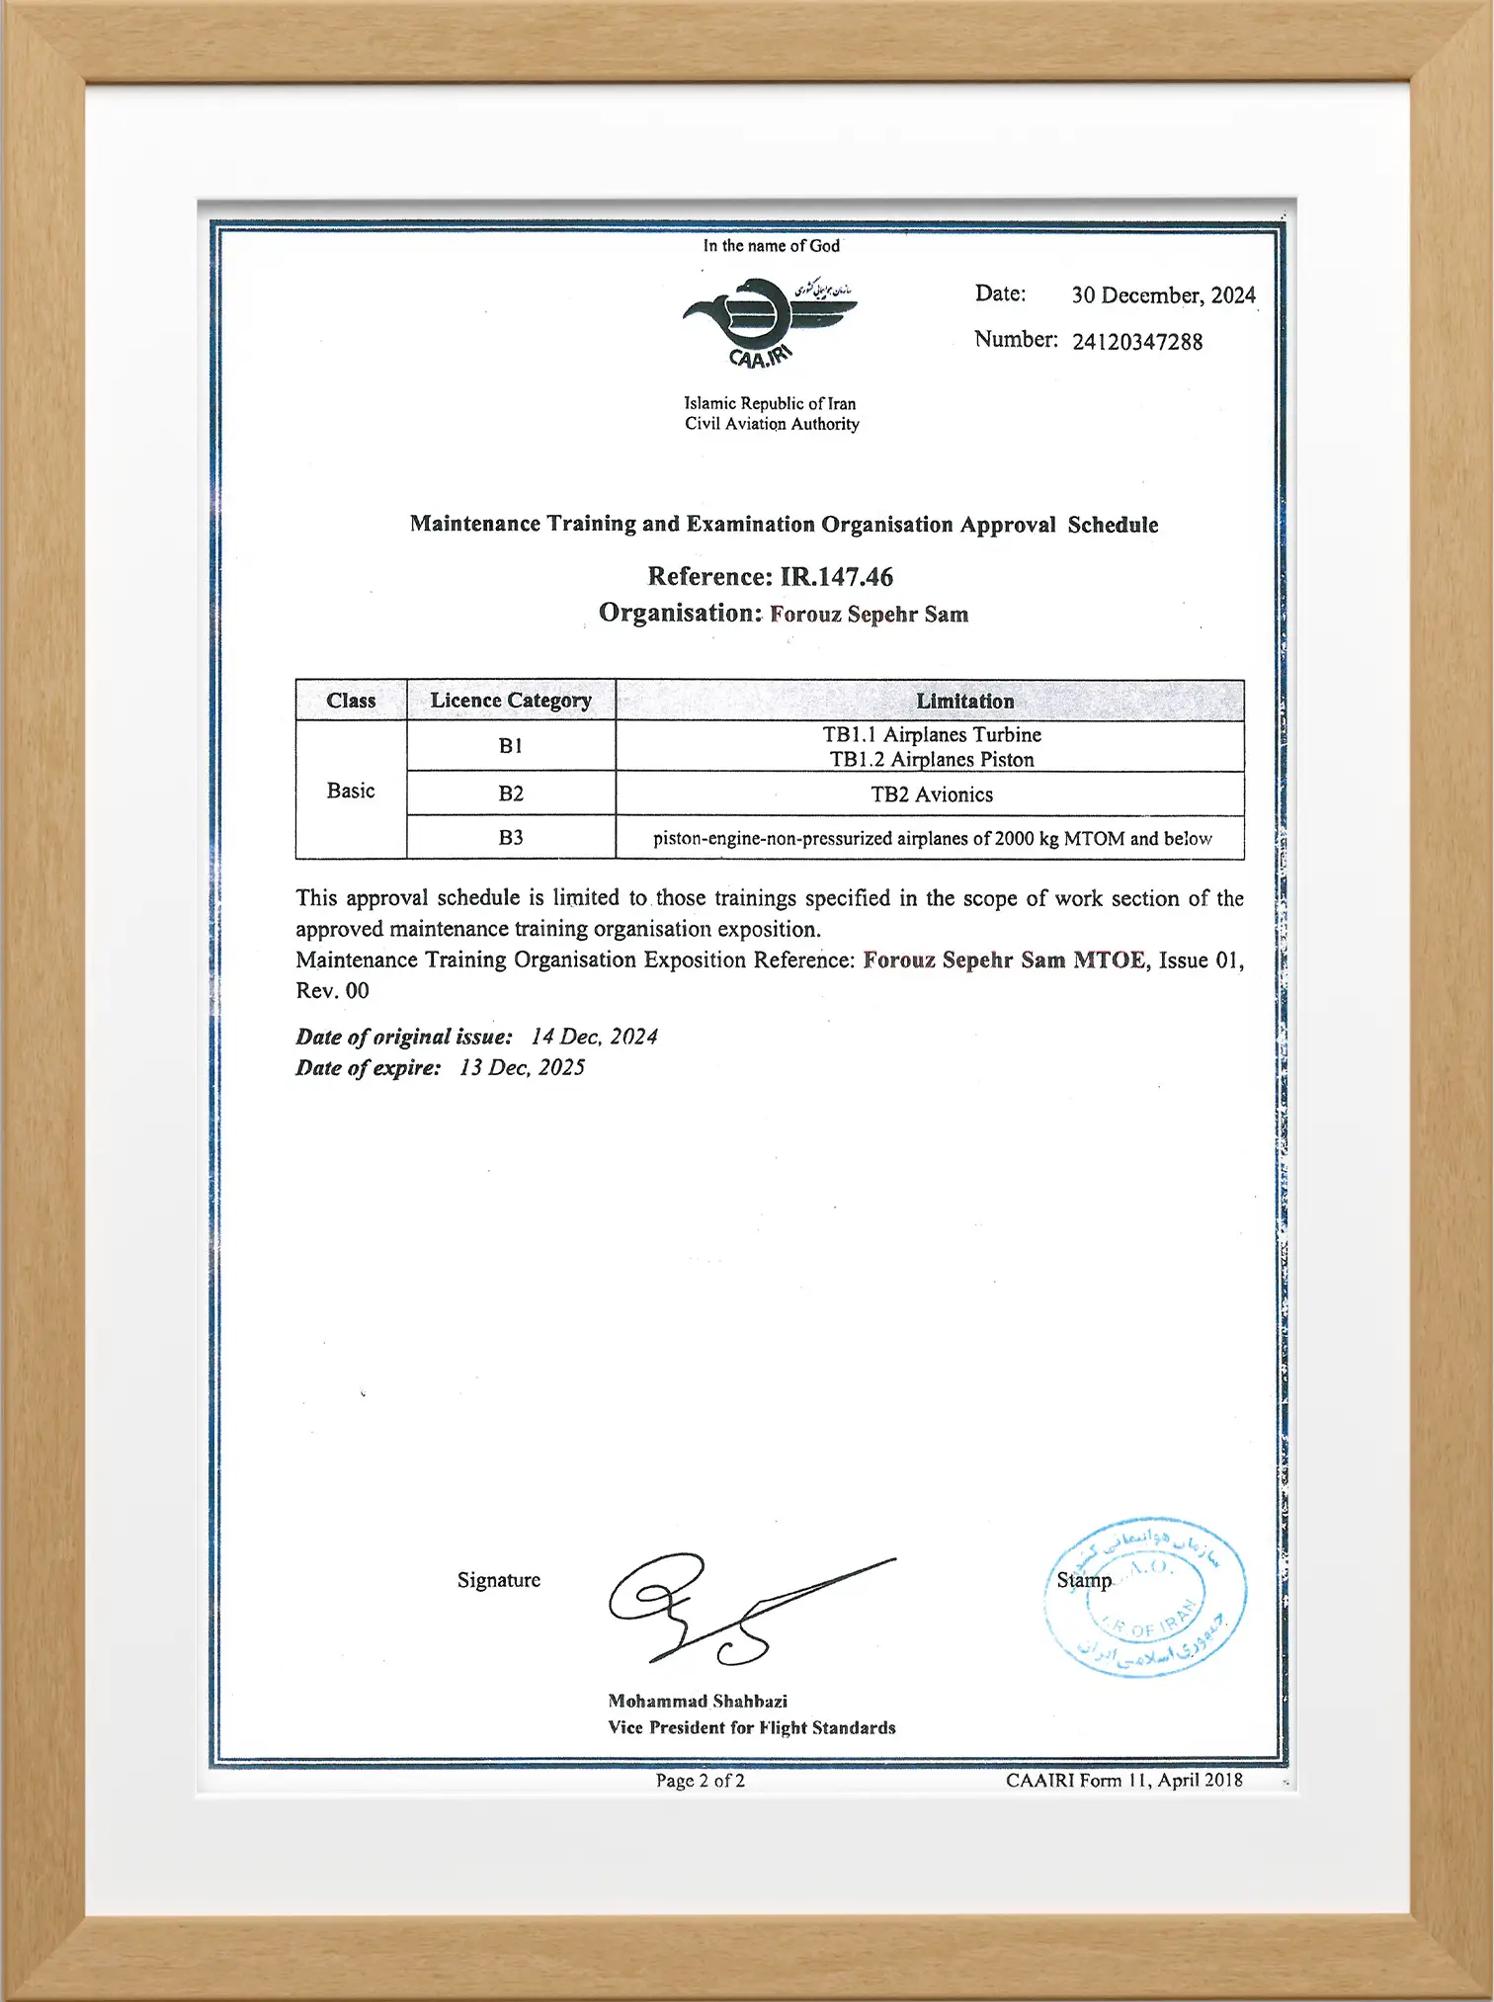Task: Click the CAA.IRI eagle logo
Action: pos(769,322)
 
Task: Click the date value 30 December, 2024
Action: pos(1163,295)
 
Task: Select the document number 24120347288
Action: pos(1137,342)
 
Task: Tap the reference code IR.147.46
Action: pos(836,577)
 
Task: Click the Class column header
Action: pos(351,701)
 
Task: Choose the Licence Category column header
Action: pos(511,701)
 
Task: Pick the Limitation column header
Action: pos(964,701)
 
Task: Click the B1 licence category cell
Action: pos(511,746)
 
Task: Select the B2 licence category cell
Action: pos(511,793)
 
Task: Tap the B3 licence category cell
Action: pos(511,838)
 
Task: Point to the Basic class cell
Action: pos(351,791)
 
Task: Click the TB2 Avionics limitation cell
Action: pos(932,794)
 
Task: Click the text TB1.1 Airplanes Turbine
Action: pos(932,735)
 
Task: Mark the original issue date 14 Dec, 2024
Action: pos(594,1037)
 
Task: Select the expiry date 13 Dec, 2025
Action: pos(522,1067)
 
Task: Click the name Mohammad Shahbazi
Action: pos(698,1701)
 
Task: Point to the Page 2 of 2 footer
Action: pos(700,1781)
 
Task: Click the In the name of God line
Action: pos(771,246)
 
